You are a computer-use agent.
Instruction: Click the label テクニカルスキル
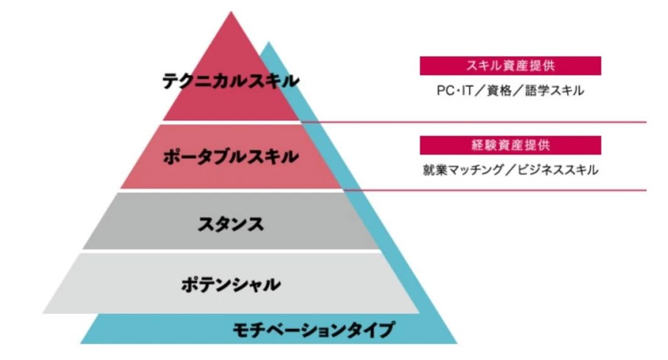point(231,81)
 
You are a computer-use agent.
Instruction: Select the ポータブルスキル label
point(231,157)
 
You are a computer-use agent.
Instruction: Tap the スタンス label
point(231,224)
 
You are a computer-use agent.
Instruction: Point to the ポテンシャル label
point(231,284)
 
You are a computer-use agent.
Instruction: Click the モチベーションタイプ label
point(313,330)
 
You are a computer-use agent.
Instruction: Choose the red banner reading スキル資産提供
point(510,65)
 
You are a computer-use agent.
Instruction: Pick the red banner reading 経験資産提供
point(510,145)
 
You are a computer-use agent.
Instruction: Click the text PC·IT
point(455,91)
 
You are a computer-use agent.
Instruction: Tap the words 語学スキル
point(555,91)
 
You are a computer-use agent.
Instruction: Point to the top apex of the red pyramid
point(231,11)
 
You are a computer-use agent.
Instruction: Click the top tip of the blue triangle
point(268,42)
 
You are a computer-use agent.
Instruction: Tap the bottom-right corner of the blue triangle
point(457,344)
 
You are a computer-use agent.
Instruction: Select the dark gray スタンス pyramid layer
point(231,221)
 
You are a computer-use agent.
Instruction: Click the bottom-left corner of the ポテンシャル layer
point(43,313)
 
